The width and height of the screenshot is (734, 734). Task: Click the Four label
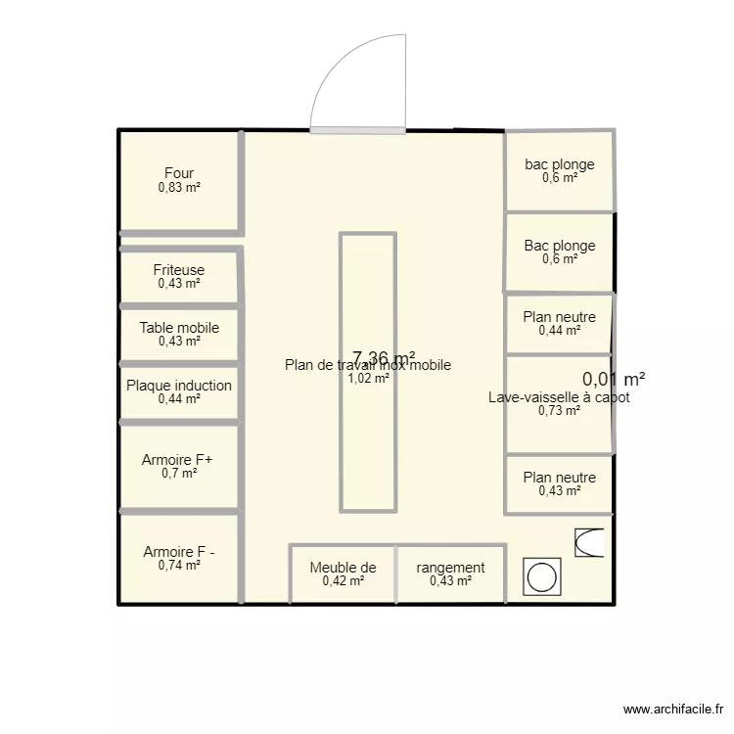[x=179, y=173]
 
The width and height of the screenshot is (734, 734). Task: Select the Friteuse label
[x=179, y=269]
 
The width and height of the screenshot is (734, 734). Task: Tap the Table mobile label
[x=179, y=328]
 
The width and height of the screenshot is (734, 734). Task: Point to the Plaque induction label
[x=179, y=386]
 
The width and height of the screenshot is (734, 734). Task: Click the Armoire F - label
[x=179, y=551]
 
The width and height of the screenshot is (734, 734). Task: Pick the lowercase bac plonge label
[x=560, y=164]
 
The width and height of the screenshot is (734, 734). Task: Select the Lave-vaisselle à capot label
[x=559, y=397]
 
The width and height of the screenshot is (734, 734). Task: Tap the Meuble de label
[x=343, y=568]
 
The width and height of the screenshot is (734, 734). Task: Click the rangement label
[x=450, y=568]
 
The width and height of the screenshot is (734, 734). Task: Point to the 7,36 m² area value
[x=384, y=358]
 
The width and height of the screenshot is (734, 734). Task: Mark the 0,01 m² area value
[x=614, y=379]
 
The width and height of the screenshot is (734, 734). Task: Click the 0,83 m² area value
[x=179, y=187]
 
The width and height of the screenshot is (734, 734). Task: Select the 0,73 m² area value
[x=559, y=411]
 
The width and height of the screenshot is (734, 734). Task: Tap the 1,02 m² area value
[x=368, y=379]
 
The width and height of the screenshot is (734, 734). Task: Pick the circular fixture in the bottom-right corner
[x=540, y=576]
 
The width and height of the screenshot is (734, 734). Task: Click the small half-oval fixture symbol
[x=589, y=543]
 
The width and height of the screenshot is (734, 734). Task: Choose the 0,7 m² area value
[x=179, y=473]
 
